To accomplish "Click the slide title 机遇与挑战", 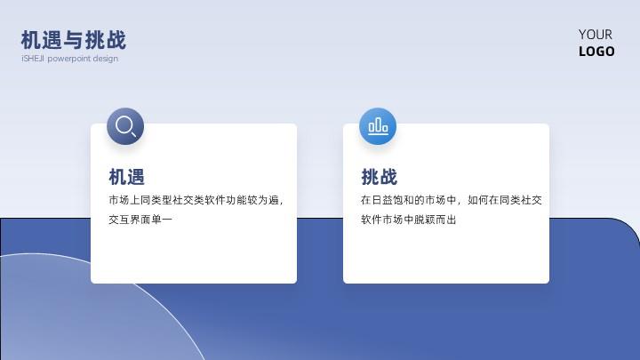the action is pos(74,40).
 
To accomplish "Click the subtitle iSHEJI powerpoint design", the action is pos(70,59).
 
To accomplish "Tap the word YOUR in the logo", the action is pos(595,35).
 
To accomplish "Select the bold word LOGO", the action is pos(596,52).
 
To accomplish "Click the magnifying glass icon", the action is pos(125,126).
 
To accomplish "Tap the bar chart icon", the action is pos(378,126).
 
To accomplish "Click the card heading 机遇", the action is pos(126,177).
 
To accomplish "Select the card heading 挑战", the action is pos(380,177).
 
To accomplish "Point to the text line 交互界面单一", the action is pos(140,220).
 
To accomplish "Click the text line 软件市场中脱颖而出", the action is pos(409,220).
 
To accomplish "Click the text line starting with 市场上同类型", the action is pos(196,200).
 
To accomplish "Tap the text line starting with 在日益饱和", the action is pos(452,200).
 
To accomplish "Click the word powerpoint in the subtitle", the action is pos(69,59).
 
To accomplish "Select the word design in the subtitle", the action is pos(105,59).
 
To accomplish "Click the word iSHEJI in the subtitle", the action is pos(33,59).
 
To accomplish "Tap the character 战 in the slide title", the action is pos(116,40).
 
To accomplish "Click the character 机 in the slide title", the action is pos(31,40).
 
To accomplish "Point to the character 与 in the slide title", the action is pos(74,40).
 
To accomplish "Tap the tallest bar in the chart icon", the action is pos(378,124).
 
